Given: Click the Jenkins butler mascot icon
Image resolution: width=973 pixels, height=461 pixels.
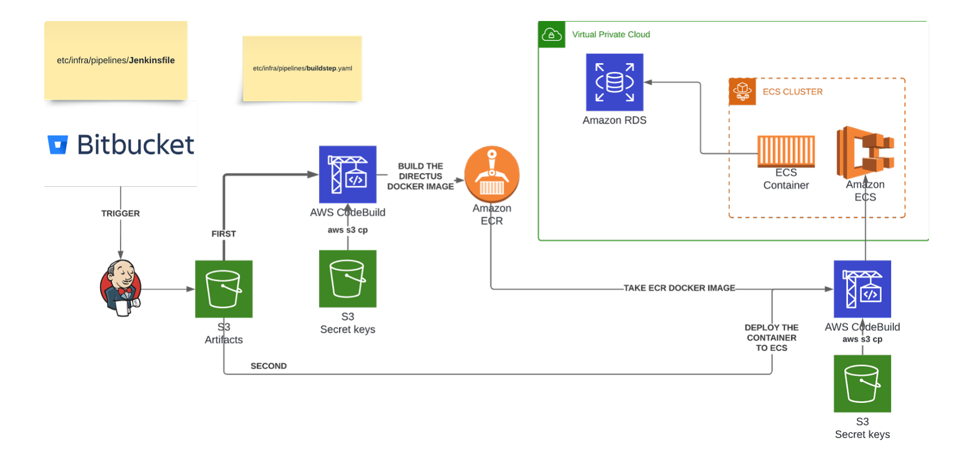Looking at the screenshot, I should [121, 288].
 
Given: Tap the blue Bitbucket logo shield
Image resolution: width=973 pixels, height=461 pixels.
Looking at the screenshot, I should [57, 145].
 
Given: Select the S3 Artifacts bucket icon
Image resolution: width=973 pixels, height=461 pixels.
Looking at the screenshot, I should [224, 289].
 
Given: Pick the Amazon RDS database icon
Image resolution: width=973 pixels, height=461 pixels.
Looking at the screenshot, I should [614, 82].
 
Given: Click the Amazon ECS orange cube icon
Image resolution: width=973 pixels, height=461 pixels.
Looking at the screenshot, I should [865, 152].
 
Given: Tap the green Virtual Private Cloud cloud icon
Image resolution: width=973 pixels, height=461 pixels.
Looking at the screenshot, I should [551, 35].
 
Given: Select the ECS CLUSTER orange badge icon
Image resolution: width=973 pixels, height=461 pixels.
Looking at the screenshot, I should [742, 92].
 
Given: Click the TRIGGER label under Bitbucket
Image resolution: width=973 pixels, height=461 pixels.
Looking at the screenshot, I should [121, 213].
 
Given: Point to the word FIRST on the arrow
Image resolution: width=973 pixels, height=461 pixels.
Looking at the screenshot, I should [223, 234].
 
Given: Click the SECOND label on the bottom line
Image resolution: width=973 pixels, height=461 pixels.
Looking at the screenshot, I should [269, 366].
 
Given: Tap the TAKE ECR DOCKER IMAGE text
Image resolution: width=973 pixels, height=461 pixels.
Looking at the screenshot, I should [679, 288].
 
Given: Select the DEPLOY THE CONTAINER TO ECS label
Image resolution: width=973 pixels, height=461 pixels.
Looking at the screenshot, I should [771, 338].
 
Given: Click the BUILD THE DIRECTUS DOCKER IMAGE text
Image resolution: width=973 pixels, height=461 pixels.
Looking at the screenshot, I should [420, 176].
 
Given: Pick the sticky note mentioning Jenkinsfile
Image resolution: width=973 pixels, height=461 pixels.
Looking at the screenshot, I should [116, 60].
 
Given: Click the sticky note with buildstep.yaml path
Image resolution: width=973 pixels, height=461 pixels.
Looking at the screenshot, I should [302, 69].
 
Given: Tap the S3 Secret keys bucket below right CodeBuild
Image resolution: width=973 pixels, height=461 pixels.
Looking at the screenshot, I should [862, 384].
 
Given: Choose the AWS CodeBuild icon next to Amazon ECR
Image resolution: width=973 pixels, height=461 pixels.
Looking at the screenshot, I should [348, 174].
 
